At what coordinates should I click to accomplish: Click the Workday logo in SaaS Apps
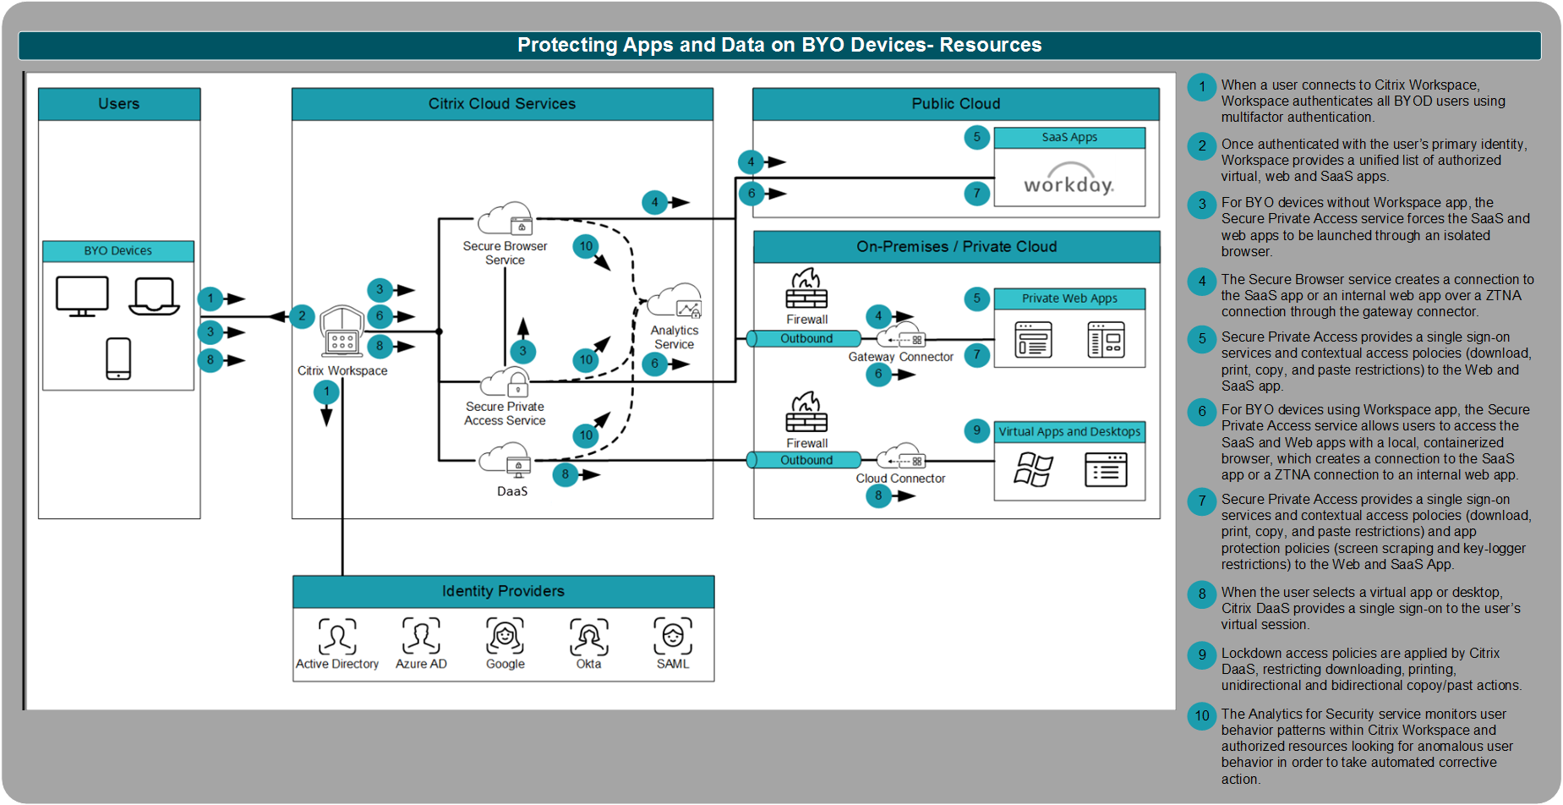click(x=1068, y=183)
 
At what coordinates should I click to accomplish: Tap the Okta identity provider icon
click(x=589, y=637)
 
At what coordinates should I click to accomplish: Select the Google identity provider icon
click(x=505, y=636)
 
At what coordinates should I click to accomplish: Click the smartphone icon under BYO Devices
click(x=118, y=359)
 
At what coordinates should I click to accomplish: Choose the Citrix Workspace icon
click(x=342, y=331)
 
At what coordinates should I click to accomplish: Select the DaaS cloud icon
click(x=506, y=461)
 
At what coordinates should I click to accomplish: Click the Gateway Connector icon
click(x=901, y=336)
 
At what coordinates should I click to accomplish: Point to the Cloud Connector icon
click(x=901, y=457)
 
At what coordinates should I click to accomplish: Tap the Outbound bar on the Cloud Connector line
click(x=806, y=460)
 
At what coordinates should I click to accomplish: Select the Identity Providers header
click(x=503, y=591)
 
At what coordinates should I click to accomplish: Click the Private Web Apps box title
click(x=1069, y=298)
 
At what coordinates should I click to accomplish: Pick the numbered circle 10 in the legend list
click(x=1201, y=716)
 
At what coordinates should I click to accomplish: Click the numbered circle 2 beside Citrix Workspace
click(x=302, y=316)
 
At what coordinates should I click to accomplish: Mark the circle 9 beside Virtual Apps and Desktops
click(x=976, y=430)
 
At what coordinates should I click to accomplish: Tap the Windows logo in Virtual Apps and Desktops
click(x=1033, y=469)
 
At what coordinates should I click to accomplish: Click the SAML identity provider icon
click(x=673, y=636)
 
